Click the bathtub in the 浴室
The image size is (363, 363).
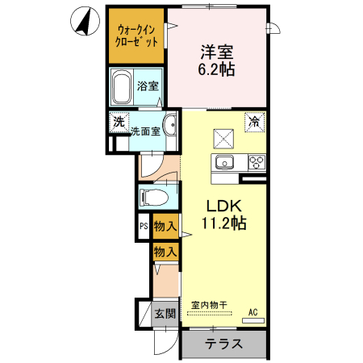point(123,85)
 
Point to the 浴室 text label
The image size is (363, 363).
point(147,86)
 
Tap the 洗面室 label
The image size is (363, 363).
point(145,129)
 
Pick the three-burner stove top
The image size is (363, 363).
point(256,162)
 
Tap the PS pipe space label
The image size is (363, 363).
point(144,228)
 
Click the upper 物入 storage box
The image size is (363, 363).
point(165,227)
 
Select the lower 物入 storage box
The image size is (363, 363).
point(165,252)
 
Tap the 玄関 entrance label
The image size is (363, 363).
point(165,313)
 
